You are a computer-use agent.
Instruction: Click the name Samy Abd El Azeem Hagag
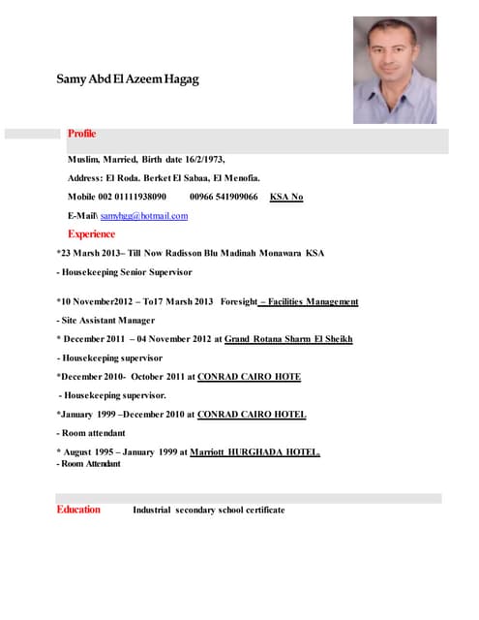[x=127, y=78]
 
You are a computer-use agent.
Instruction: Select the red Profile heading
[x=81, y=134]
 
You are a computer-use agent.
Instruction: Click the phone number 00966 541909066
[x=224, y=197]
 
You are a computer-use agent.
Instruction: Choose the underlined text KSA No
[x=286, y=197]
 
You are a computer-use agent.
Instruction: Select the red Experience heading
[x=92, y=234]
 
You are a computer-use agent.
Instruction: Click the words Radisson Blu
[x=197, y=253]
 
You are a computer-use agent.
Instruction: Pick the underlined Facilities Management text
[x=309, y=301]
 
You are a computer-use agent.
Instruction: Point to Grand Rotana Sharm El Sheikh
[x=288, y=339]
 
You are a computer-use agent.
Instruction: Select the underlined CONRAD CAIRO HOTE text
[x=249, y=376]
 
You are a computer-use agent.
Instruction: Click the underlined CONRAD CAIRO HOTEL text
[x=252, y=414]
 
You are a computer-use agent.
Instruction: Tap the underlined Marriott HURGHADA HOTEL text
[x=254, y=451]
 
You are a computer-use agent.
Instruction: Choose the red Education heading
[x=78, y=510]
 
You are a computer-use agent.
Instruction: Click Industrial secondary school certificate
[x=208, y=510]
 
